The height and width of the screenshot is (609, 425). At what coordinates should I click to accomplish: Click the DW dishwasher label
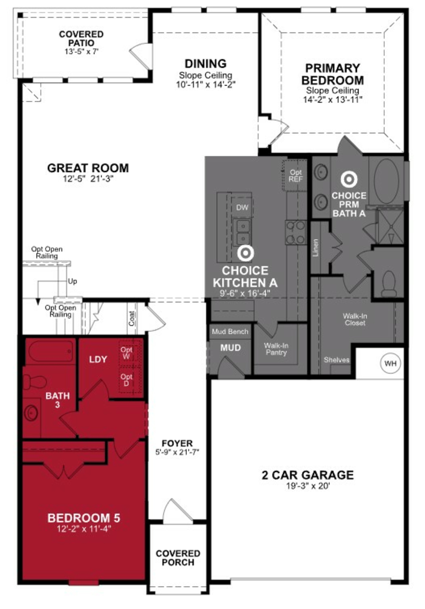pyautogui.click(x=242, y=207)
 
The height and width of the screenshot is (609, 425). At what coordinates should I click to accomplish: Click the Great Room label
pyautogui.click(x=88, y=168)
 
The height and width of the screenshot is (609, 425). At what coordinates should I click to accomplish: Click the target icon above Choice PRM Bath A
pyautogui.click(x=349, y=180)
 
